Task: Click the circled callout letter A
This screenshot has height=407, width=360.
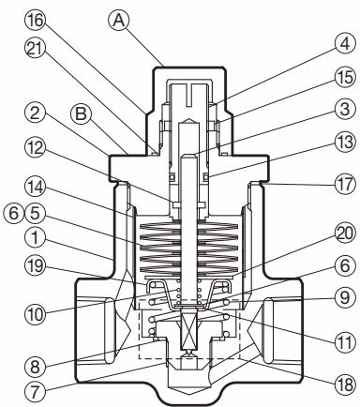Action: (x=118, y=21)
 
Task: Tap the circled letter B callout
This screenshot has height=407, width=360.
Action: (x=81, y=113)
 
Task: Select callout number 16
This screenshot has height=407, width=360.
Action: (x=35, y=21)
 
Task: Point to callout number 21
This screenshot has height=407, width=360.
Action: (x=35, y=50)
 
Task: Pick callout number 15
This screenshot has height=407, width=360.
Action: (x=345, y=77)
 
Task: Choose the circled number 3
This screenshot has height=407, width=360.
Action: (x=345, y=110)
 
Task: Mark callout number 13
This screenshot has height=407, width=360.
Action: (x=345, y=143)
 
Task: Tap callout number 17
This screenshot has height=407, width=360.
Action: (x=345, y=184)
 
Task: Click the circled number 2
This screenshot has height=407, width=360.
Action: (x=35, y=113)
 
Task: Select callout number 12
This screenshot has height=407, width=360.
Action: (x=35, y=148)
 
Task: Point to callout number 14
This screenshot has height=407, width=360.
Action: (x=35, y=188)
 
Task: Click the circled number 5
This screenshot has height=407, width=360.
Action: (x=35, y=214)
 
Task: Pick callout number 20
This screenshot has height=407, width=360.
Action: (x=345, y=234)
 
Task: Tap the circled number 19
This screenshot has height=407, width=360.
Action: (x=35, y=269)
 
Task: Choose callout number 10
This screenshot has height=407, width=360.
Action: (x=35, y=314)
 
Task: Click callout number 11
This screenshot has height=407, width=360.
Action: (x=345, y=342)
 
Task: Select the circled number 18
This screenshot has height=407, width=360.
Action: (x=345, y=384)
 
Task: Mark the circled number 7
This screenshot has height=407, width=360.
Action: (x=35, y=390)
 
